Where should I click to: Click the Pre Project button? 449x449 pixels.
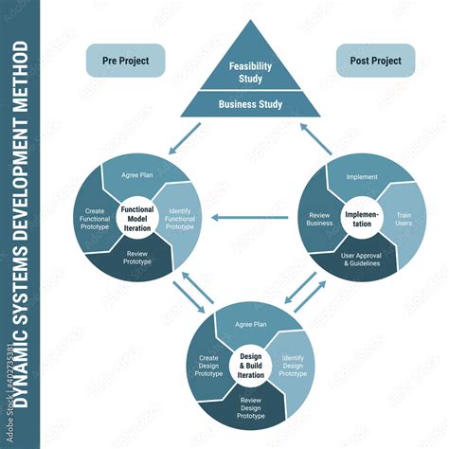(x=125, y=60)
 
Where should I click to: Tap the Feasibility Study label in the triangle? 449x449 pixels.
(x=249, y=72)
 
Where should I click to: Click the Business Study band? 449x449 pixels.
(x=249, y=104)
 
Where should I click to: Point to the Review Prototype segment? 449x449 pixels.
(x=138, y=259)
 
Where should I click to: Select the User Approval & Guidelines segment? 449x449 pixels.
(x=361, y=258)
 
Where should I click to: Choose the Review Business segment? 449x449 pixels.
(x=319, y=221)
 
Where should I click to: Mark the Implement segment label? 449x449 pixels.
(x=362, y=176)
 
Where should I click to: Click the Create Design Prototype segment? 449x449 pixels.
(x=209, y=368)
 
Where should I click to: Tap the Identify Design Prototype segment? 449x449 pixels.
(x=293, y=368)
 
